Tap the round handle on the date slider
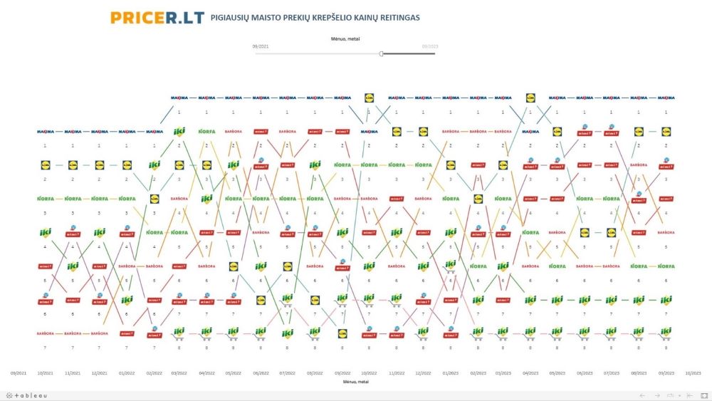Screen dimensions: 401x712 tap(382, 53)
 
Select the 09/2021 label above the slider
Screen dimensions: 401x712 tap(261, 46)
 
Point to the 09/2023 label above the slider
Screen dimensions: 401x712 tap(429, 46)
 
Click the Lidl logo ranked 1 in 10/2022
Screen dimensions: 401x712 tap(370, 98)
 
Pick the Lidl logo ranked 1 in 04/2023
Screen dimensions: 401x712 tap(530, 98)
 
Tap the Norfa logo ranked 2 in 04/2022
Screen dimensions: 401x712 tap(206, 132)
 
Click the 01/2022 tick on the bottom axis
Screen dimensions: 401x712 tap(127, 373)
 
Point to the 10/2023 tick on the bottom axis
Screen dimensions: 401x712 tap(692, 373)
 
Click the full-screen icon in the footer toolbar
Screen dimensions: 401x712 tap(701, 395)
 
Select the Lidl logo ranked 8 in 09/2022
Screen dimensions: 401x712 tap(342, 333)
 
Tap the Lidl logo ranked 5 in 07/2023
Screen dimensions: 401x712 tap(611, 232)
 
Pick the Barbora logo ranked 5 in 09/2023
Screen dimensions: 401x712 tap(666, 233)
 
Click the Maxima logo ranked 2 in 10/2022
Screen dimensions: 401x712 tap(370, 132)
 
